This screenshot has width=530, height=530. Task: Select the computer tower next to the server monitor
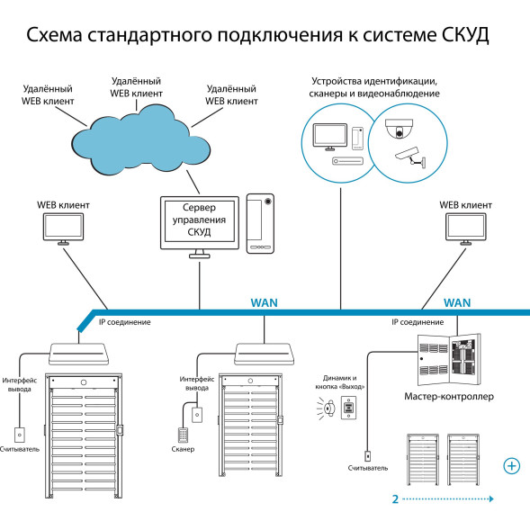point(262,220)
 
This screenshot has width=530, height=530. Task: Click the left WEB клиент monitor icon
point(62,229)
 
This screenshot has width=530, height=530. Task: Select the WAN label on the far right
point(459,303)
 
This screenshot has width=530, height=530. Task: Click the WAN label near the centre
point(264,303)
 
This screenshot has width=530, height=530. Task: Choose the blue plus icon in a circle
point(512,465)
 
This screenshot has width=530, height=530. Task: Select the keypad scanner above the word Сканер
point(183,431)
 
